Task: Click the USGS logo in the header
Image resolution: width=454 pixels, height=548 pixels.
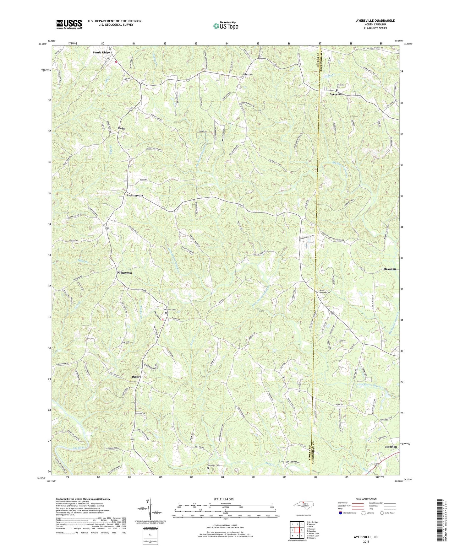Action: tap(69, 24)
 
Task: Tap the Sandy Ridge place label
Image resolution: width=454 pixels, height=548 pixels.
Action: tap(101, 52)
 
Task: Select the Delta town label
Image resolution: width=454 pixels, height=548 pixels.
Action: tap(122, 128)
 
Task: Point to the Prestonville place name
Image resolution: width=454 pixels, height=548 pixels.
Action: tap(134, 196)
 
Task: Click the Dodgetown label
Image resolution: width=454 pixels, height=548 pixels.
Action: tap(124, 273)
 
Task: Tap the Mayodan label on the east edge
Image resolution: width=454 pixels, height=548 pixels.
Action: tap(389, 269)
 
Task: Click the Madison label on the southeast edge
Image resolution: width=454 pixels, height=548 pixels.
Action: tap(391, 438)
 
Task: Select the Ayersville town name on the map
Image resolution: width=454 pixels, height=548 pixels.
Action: tap(336, 94)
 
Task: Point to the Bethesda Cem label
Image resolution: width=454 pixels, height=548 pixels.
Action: tap(213, 465)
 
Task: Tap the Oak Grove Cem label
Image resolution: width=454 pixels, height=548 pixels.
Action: tap(169, 310)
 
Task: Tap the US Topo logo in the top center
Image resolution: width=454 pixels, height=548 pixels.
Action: tap(226, 26)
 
